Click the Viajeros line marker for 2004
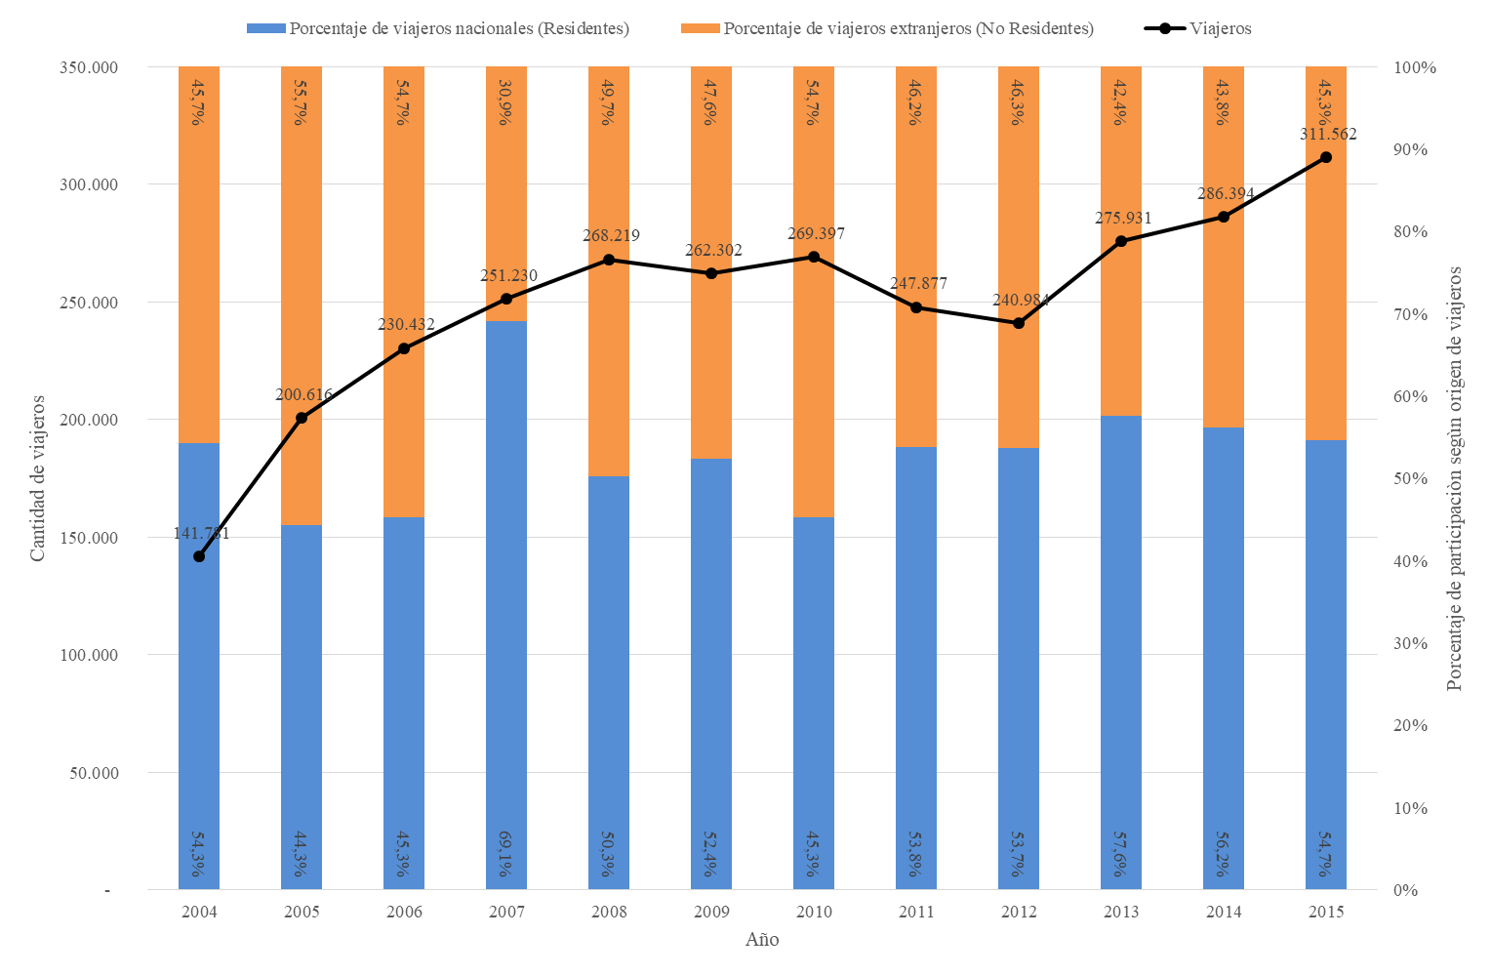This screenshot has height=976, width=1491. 199,556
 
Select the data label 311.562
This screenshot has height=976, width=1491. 1327,135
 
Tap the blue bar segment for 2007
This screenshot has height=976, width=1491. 506,605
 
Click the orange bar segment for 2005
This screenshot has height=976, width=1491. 302,293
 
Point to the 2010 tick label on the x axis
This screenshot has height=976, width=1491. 814,912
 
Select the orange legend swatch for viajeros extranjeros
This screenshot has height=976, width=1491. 700,28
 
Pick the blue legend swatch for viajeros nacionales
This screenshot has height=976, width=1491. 265,28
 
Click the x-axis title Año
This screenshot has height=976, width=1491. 762,940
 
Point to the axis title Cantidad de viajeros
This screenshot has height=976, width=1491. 38,478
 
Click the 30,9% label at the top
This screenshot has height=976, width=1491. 506,102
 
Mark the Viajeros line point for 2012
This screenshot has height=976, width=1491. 1019,323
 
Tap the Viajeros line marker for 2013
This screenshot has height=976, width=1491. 1121,241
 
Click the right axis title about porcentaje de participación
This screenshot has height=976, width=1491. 1455,478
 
